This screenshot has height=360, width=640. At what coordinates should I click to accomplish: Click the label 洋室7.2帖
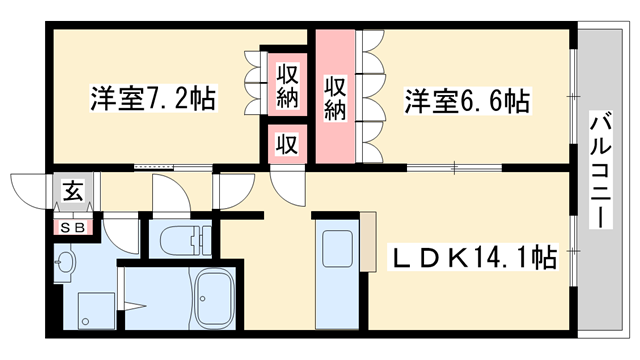pos(154,100)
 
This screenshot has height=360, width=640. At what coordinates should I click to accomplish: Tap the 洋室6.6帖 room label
pos(466,100)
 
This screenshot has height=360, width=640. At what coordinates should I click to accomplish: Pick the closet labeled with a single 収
pos(286,144)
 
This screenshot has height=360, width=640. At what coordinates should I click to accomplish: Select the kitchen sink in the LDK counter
pos(332,250)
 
